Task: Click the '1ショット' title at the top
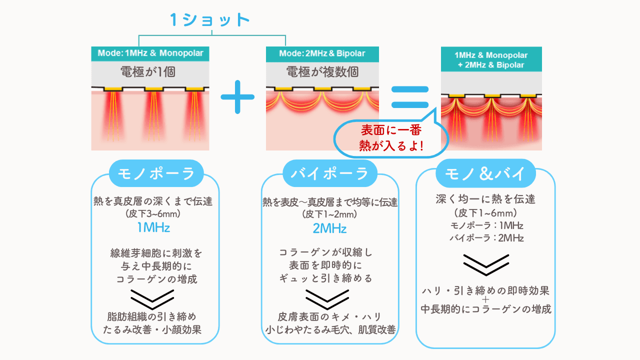(210, 20)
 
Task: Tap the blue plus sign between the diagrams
(237, 97)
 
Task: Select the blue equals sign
(409, 97)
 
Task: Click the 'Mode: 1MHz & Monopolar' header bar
(150, 53)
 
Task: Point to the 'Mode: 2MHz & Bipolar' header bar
(322, 54)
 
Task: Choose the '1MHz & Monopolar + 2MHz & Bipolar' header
(491, 59)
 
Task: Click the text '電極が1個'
(147, 72)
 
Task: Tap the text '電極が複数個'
(322, 72)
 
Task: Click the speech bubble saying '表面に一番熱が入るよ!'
(391, 138)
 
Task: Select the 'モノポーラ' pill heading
(156, 173)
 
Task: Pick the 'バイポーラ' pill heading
(330, 173)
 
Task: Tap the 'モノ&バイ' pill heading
(485, 173)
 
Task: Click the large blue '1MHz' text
(153, 227)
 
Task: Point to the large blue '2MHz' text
(329, 228)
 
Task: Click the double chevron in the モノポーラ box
(152, 299)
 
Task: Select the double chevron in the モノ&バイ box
(486, 265)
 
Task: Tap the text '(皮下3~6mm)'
(153, 214)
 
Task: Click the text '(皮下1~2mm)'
(329, 214)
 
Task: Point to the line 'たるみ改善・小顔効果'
(152, 330)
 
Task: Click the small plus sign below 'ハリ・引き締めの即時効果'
(485, 299)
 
